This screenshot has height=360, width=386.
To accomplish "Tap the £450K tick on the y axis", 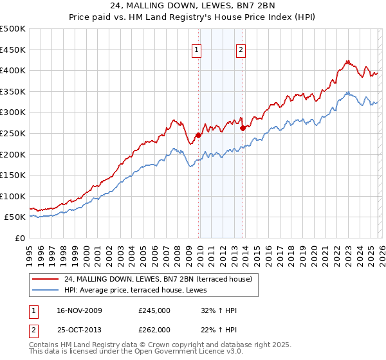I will pos(13,50).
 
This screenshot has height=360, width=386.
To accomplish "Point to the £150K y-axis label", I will pos(13,175).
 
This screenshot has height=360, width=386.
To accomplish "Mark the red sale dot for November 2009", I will pos(199,135).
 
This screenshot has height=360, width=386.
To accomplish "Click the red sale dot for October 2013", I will pos(243,128).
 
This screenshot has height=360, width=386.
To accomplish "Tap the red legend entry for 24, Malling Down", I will pos(160,279).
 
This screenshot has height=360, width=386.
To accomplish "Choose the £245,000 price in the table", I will pos(154,310).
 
